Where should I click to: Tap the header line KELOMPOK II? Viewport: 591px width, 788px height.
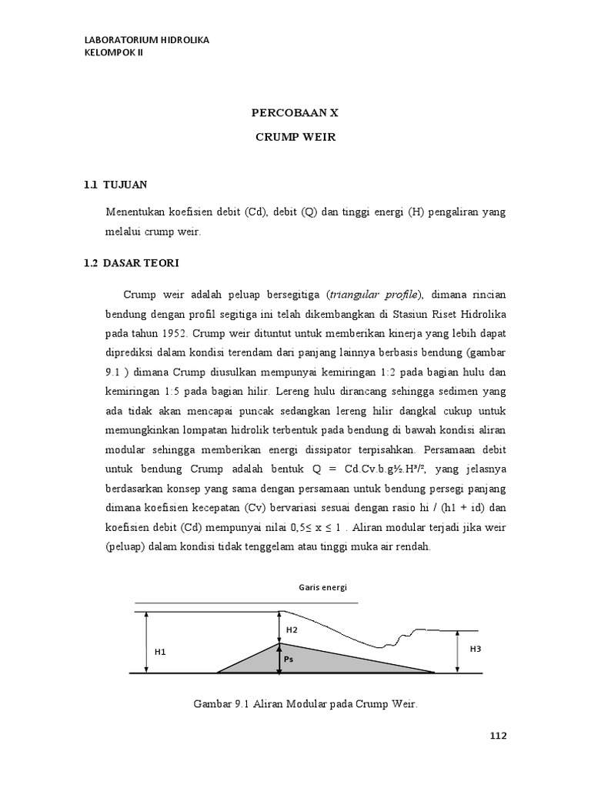(x=113, y=52)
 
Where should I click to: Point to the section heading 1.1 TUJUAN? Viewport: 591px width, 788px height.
(x=115, y=185)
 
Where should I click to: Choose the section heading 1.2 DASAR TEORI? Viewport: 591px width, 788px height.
(x=131, y=263)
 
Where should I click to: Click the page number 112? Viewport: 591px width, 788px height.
(x=498, y=736)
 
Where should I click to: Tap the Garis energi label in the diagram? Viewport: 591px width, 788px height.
(x=323, y=586)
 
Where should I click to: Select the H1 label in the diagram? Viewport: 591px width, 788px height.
(x=160, y=651)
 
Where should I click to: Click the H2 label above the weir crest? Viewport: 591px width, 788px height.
(x=292, y=629)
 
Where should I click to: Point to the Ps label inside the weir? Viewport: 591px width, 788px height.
(x=289, y=659)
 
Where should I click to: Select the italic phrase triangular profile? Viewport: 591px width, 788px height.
(x=373, y=295)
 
